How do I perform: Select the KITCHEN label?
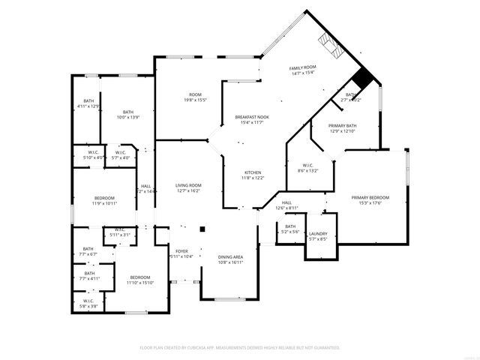click(x=252, y=175)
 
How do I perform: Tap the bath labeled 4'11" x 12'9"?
click(x=88, y=104)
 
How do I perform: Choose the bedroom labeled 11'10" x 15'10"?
click(x=139, y=280)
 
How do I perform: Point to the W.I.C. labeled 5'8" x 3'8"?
click(x=88, y=304)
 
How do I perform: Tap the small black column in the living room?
click(x=202, y=229)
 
